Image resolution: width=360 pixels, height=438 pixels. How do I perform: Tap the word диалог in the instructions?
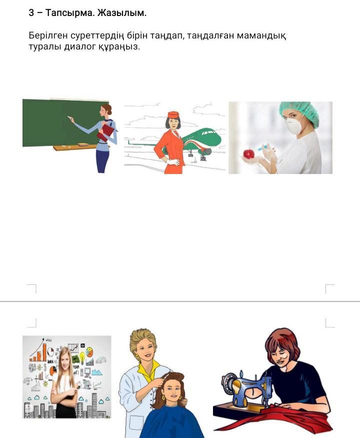coord(79,46)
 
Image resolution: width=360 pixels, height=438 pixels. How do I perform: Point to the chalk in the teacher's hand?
coord(68,118)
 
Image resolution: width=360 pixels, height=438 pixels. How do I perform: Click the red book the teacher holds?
coord(105,132)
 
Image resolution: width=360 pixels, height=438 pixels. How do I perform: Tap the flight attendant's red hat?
coord(173,114)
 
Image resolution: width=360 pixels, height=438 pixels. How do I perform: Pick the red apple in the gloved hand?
coord(248,153)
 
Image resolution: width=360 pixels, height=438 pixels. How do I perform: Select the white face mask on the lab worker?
coord(293,125)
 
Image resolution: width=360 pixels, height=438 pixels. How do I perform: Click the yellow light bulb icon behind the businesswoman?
coord(82,356)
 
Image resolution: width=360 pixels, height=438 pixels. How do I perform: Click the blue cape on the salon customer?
coord(171,421)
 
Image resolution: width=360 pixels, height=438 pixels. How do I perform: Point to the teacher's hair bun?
coord(109,111)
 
